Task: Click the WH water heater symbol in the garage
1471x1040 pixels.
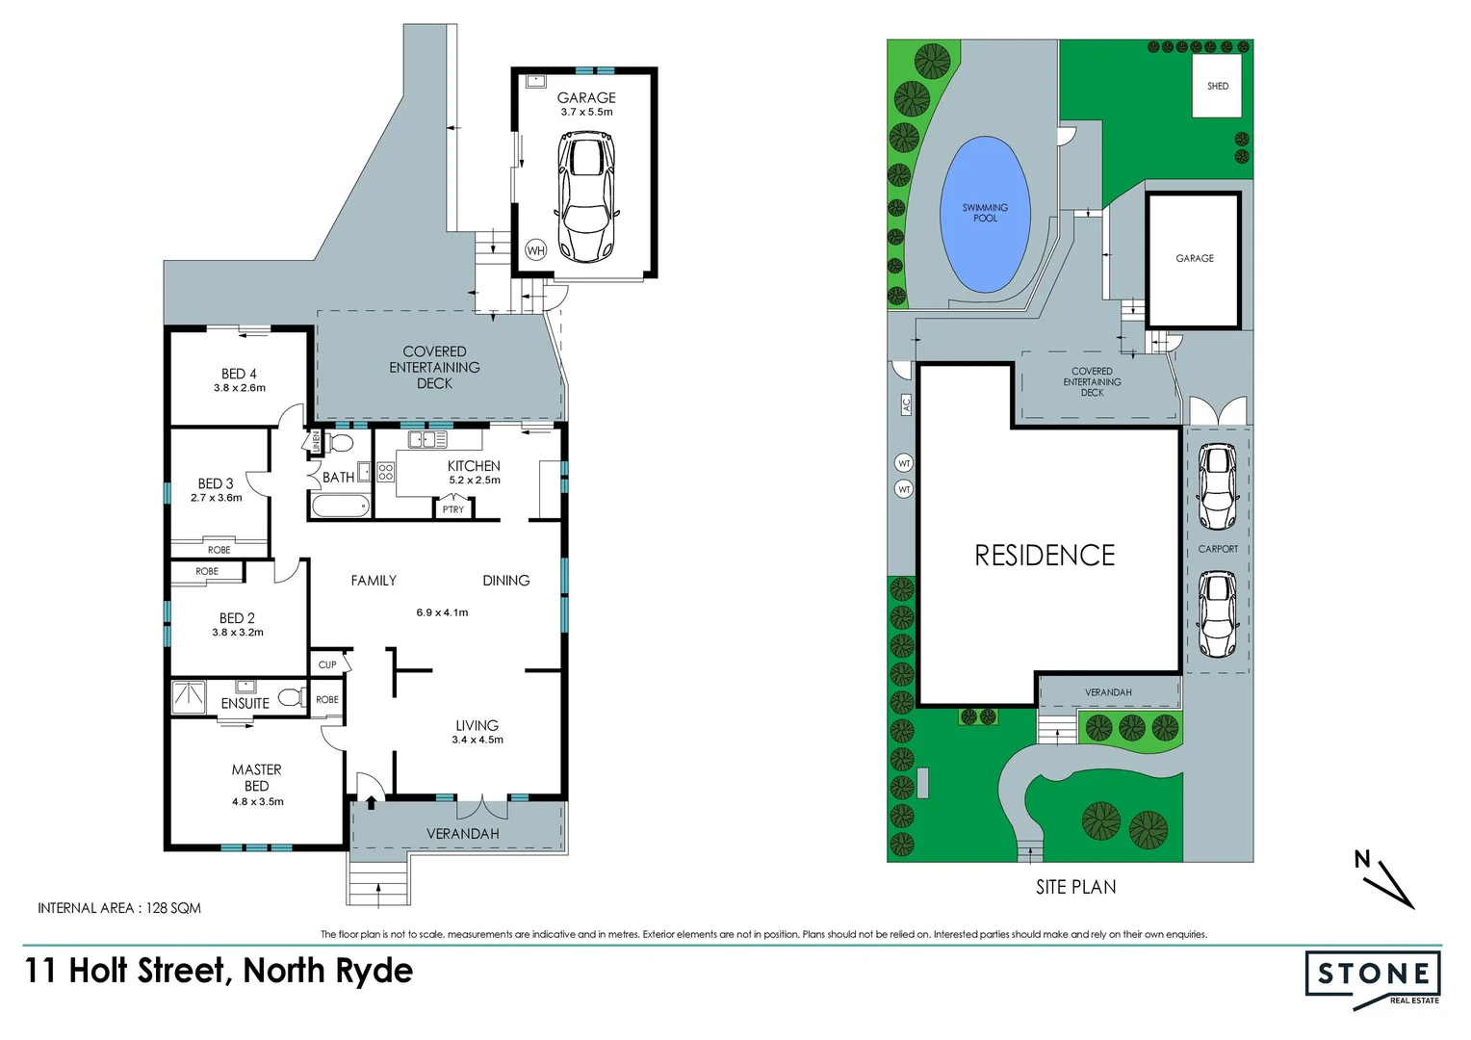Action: tap(535, 250)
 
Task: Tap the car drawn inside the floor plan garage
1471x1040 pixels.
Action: tap(585, 197)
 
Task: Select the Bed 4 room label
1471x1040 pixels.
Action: tap(239, 374)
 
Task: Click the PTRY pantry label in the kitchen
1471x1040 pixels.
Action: tap(453, 509)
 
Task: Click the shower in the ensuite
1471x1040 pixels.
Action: tap(189, 698)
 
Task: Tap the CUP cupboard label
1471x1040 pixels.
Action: tap(327, 664)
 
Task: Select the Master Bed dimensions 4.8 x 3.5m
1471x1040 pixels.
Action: tap(257, 801)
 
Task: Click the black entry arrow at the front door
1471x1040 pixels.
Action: tap(371, 801)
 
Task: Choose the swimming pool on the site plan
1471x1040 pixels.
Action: tap(985, 214)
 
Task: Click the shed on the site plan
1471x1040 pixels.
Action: tap(1217, 86)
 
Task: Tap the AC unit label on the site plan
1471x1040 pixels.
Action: tap(906, 404)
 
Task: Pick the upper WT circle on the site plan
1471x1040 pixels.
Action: tap(904, 463)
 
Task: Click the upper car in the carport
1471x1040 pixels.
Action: tap(1217, 486)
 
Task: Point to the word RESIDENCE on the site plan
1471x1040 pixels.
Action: tap(1045, 556)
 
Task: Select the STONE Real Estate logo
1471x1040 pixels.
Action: tap(1373, 977)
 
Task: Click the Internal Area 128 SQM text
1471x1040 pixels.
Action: tap(119, 908)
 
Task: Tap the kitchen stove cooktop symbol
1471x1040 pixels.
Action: tap(385, 472)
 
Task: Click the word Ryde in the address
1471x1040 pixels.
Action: tap(374, 972)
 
